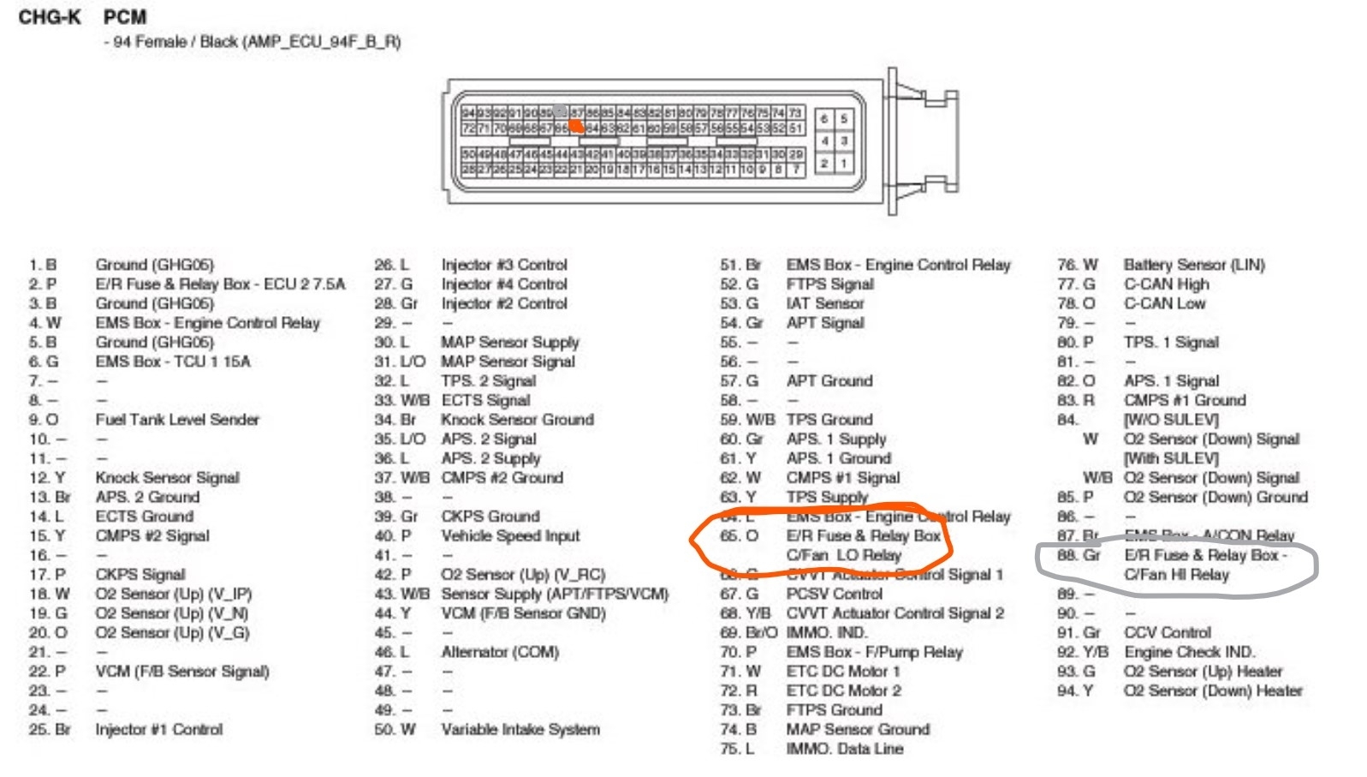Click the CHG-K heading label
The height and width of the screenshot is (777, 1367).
coord(50,17)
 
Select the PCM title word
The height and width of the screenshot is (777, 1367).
coord(125,17)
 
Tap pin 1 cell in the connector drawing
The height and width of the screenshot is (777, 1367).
coord(842,163)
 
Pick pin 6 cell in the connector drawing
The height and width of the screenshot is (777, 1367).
coord(823,119)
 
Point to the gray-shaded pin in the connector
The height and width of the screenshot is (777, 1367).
coord(561,112)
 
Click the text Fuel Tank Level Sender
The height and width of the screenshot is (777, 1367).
coord(177,420)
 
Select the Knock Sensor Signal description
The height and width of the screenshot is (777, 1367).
coord(167,478)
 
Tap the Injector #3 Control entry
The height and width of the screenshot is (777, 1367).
coord(504,265)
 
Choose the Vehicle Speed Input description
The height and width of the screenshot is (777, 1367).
coord(510,536)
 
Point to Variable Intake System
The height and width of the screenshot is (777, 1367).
coord(520,730)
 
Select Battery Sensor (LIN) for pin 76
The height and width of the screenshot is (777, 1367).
coord(1194,265)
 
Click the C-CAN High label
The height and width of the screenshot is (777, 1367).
coord(1166,284)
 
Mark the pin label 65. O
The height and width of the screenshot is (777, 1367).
coord(739,536)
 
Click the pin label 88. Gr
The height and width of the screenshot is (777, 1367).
coord(1079,555)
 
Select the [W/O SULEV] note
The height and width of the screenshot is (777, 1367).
coord(1170,420)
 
